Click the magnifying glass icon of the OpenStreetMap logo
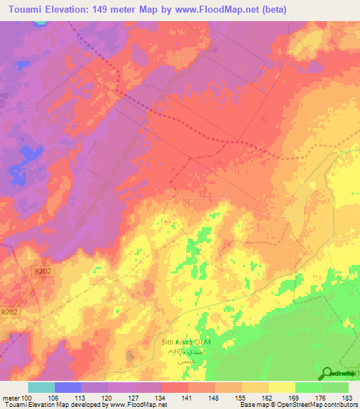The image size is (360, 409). point(327,373)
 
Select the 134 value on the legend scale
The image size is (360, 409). point(162,397)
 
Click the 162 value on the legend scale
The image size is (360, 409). point(269,397)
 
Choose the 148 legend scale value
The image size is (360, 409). point(215,397)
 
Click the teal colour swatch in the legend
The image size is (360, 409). point(41,387)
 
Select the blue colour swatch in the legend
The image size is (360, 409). point(68,387)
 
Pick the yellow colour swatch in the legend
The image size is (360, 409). point(282,387)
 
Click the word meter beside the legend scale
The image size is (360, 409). point(11,397)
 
